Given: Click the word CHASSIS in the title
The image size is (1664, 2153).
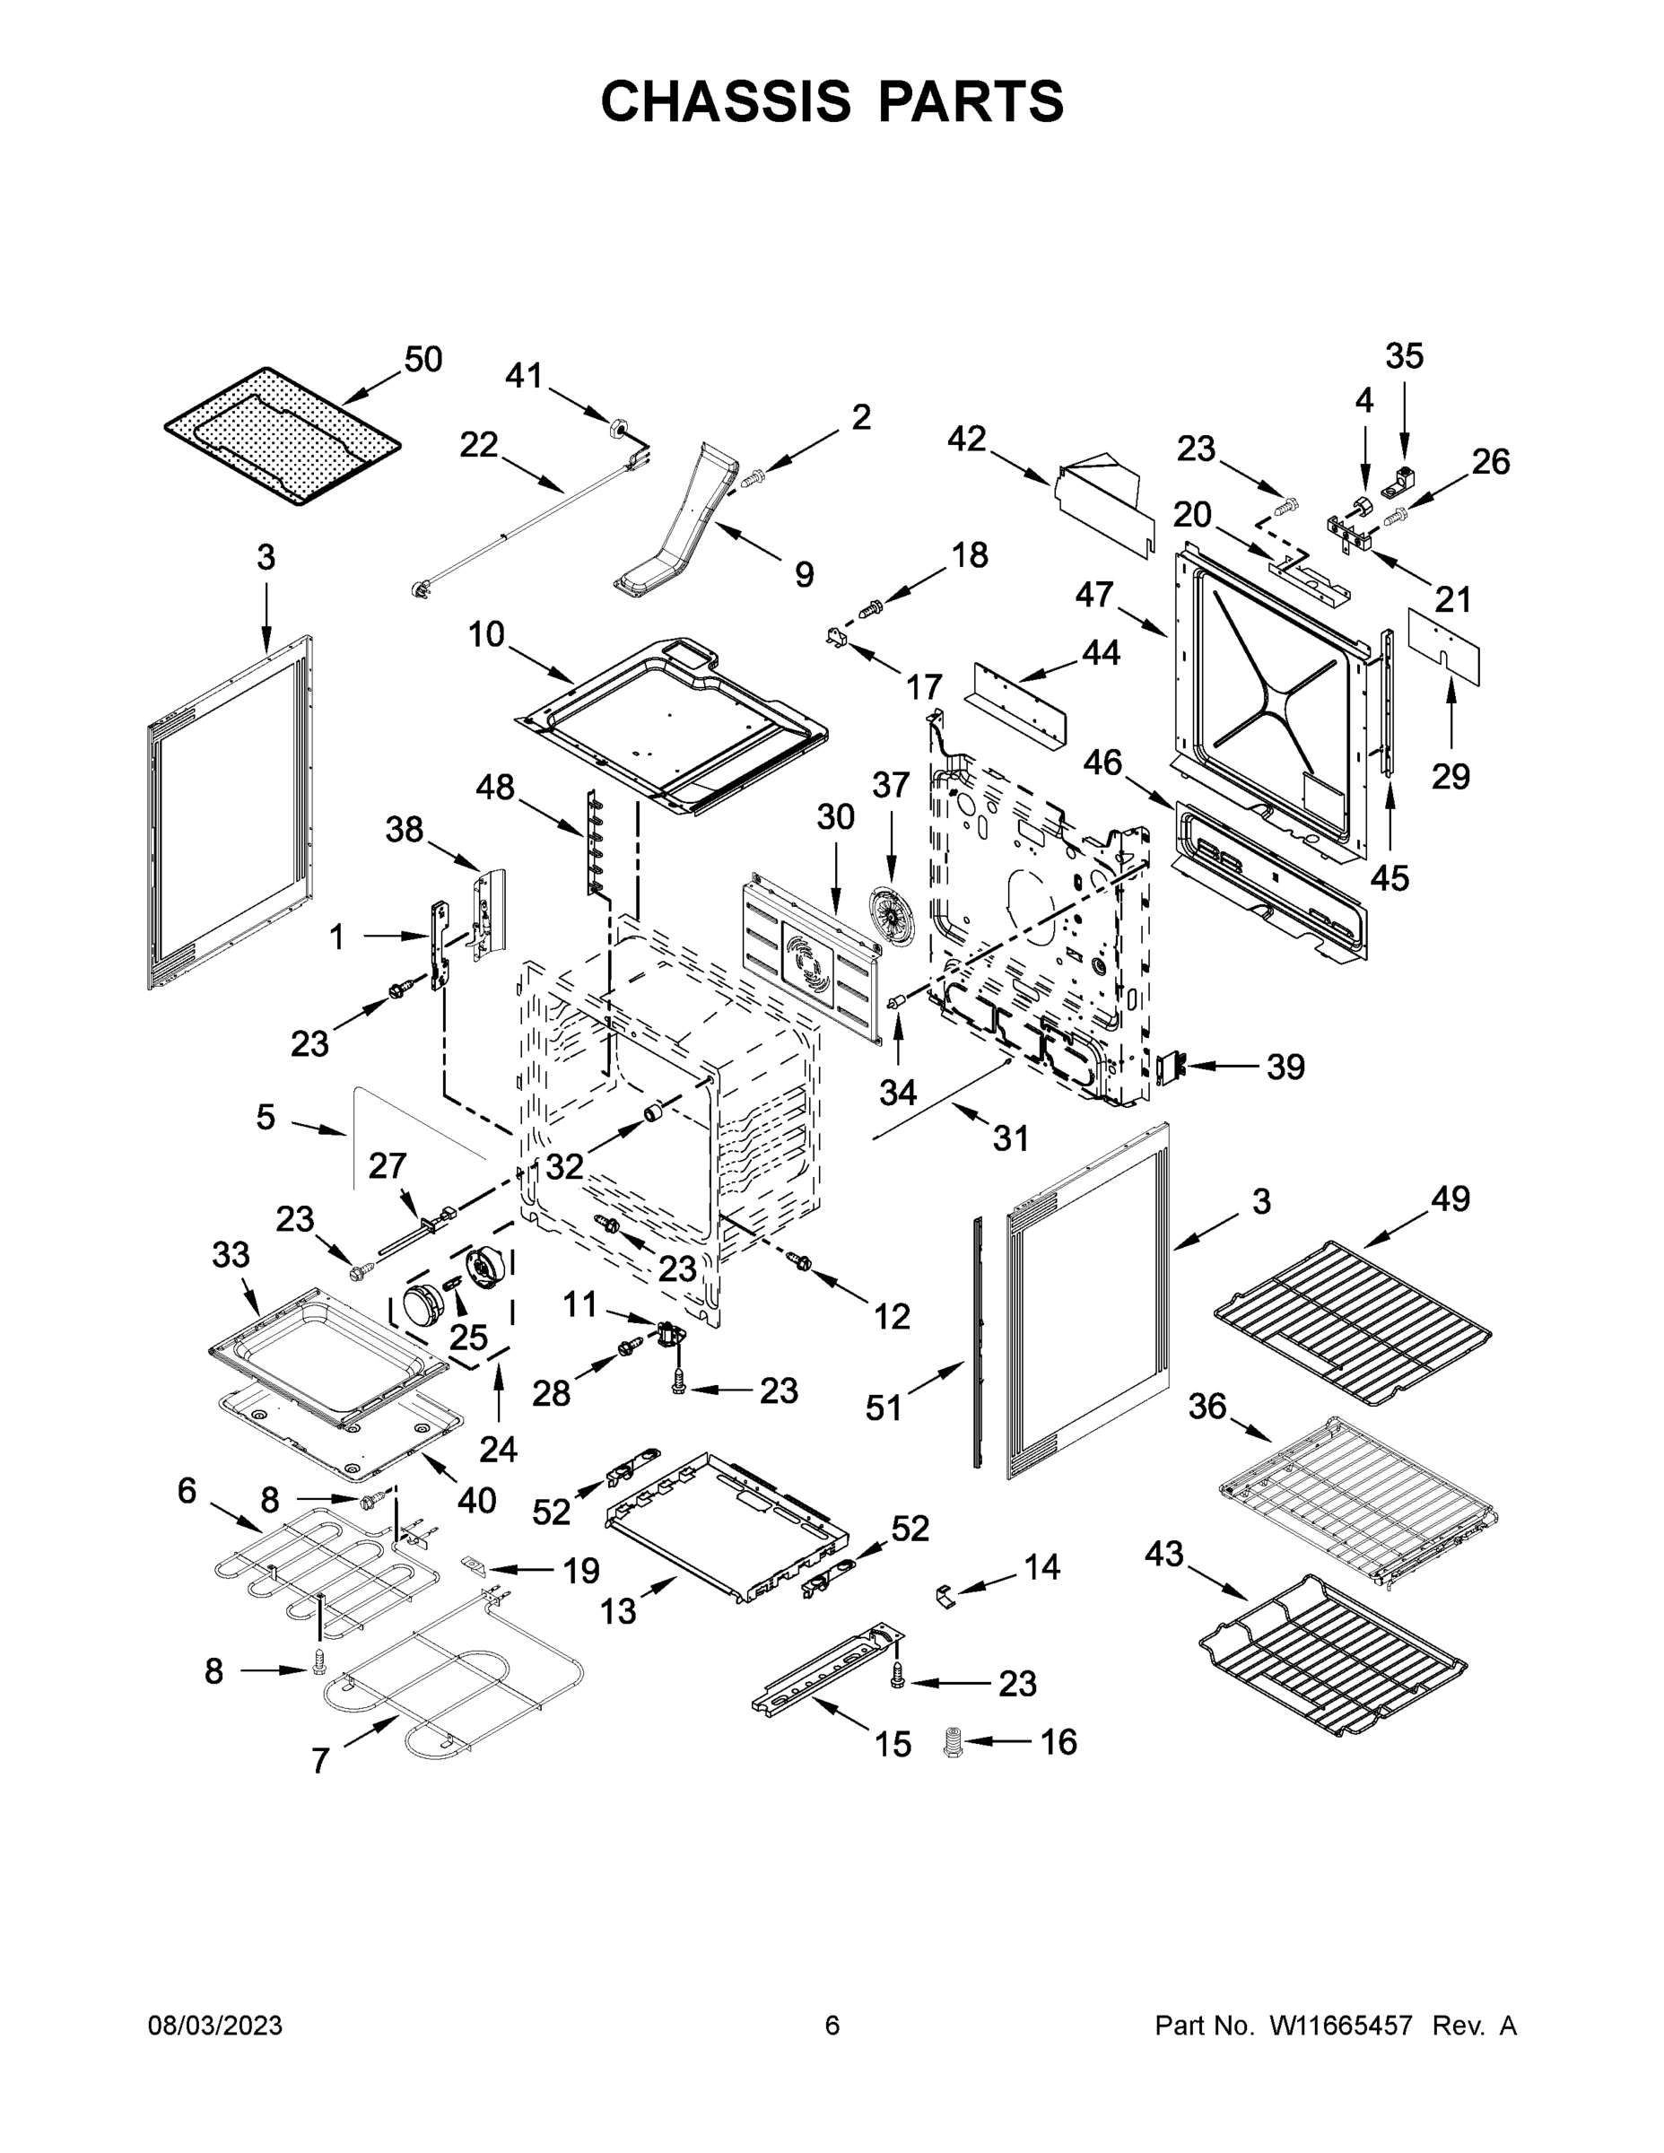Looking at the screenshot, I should click(726, 100).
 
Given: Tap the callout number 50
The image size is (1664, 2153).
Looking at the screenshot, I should click(423, 360).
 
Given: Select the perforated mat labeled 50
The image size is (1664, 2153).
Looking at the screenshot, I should click(282, 436).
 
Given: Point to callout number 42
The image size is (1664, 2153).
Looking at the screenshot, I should click(966, 440).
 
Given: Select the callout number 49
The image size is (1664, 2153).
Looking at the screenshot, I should click(1451, 1199).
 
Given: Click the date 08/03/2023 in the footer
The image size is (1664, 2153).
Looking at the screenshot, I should click(215, 2025).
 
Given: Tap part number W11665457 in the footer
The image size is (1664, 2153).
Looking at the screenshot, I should click(1341, 2025).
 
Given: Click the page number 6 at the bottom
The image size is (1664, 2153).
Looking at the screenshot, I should click(832, 2025).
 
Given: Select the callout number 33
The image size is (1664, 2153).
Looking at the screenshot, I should click(231, 1255).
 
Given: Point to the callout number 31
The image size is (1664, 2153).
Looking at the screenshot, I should click(1010, 1138).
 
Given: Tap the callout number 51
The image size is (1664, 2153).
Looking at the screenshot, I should click(884, 1408).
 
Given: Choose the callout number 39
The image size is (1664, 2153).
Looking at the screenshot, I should click(1285, 1067).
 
